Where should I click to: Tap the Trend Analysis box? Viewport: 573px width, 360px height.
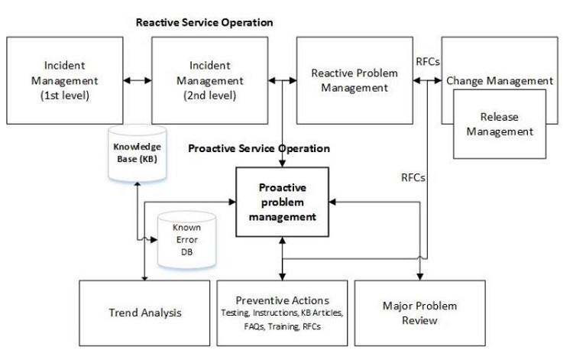[143, 313]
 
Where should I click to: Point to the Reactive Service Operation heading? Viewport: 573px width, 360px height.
[204, 22]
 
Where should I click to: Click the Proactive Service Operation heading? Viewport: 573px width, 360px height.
[259, 148]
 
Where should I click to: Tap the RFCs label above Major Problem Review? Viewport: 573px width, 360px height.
[413, 177]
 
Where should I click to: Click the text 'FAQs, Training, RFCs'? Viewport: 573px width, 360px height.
[283, 326]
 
